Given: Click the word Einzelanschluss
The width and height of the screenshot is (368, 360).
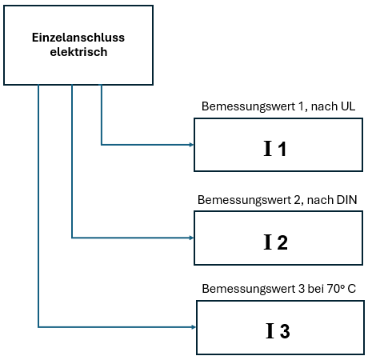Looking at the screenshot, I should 78,38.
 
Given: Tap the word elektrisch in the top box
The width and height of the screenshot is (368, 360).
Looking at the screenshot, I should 78,51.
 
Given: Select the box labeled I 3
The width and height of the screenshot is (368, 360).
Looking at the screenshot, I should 279,327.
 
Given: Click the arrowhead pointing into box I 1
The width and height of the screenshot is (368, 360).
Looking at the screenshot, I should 190,145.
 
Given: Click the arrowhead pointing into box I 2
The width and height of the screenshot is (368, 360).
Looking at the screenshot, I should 190,238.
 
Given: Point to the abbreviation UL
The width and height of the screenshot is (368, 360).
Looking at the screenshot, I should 346,106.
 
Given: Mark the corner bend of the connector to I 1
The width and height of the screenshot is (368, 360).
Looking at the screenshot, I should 102,145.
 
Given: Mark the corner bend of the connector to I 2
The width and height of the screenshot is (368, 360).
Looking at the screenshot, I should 72,238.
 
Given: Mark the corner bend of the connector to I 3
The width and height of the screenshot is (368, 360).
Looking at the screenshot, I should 38,326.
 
